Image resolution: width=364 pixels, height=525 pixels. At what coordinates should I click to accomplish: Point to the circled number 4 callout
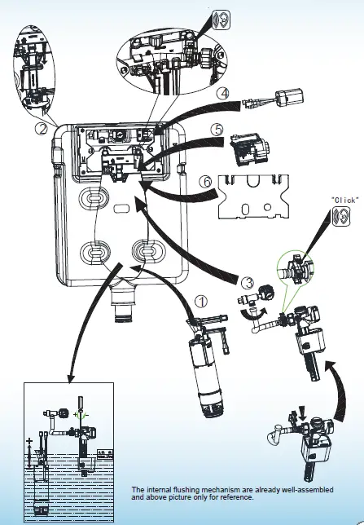click(222, 95)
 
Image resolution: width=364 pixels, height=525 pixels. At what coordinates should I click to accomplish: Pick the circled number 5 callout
click(216, 130)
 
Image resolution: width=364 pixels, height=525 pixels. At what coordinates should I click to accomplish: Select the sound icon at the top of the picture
click(220, 19)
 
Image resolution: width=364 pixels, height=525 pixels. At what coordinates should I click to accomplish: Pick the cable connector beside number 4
click(278, 103)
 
